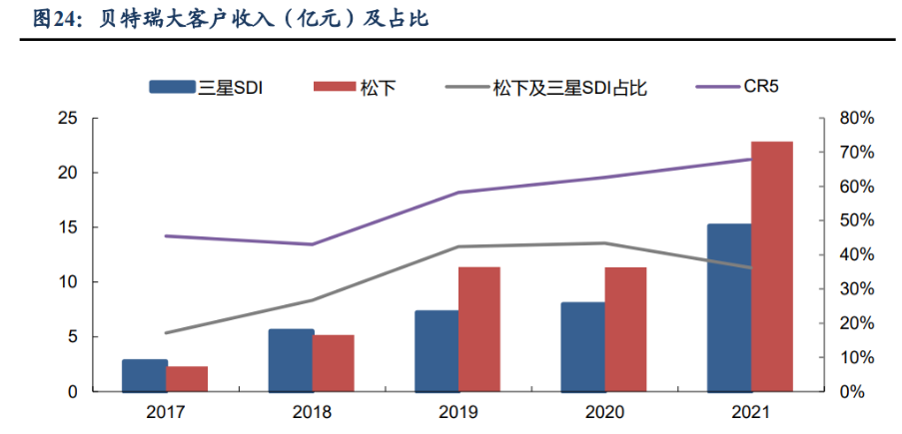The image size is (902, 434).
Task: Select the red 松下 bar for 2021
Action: pyautogui.click(x=771, y=266)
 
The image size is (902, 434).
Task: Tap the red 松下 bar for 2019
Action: pyautogui.click(x=479, y=329)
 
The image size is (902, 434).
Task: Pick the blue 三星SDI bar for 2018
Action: pyautogui.click(x=292, y=360)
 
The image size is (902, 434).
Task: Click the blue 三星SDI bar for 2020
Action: pyautogui.click(x=583, y=346)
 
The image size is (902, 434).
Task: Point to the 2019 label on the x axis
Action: pyautogui.click(x=457, y=412)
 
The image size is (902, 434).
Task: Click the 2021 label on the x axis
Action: pyautogui.click(x=750, y=412)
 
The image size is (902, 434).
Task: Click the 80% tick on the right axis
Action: pyautogui.click(x=857, y=119)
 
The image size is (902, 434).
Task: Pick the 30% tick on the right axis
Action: pyautogui.click(x=857, y=289)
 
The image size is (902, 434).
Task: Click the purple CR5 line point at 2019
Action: pyautogui.click(x=458, y=193)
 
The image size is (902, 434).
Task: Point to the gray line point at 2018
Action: pyautogui.click(x=313, y=300)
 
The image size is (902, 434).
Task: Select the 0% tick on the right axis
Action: pyautogui.click(x=853, y=392)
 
